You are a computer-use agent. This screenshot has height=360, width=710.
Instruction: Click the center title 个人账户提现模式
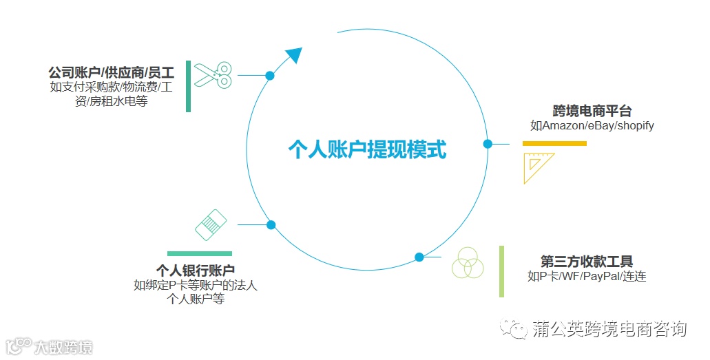367,149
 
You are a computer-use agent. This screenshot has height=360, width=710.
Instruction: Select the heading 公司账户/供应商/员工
111,72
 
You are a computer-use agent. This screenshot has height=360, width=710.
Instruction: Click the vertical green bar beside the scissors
189,86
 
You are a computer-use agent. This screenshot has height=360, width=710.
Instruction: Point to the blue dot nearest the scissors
270,75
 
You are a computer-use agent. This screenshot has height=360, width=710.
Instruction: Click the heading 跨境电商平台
592,111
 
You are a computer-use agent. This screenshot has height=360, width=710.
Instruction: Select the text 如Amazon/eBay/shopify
592,126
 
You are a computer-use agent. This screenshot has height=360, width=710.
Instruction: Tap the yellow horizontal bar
554,143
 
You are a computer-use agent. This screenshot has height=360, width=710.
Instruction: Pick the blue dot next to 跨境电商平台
488,144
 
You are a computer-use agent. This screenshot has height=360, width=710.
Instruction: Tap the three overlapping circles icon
468,262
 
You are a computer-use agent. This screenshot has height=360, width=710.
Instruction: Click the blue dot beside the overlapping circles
419,257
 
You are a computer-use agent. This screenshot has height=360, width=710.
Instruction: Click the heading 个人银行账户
196,271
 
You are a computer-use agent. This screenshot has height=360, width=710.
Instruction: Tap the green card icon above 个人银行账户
211,224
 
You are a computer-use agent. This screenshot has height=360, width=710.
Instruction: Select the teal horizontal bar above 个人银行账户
200,253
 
